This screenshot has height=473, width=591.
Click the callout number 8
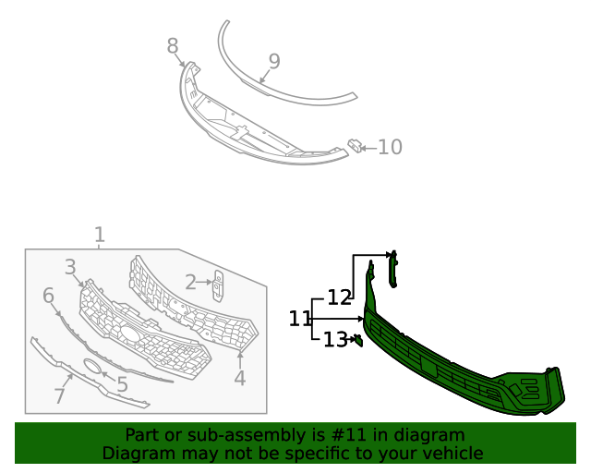click(173, 45)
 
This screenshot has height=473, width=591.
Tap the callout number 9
click(274, 62)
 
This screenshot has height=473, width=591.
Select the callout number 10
click(390, 147)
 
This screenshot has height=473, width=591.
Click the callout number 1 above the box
click(100, 236)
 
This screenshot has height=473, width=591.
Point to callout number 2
click(190, 283)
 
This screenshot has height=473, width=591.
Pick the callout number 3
click(70, 268)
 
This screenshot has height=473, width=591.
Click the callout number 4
click(240, 378)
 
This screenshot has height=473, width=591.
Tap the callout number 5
click(122, 384)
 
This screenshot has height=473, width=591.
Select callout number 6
click(49, 296)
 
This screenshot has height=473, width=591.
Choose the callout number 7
click(59, 396)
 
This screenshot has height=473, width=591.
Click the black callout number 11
click(300, 319)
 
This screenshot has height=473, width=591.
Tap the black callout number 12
click(340, 297)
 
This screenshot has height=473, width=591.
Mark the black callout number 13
click(334, 340)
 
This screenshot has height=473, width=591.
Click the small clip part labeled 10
click(354, 145)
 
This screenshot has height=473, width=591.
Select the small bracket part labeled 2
click(218, 285)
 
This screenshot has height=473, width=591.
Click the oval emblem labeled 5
click(93, 367)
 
